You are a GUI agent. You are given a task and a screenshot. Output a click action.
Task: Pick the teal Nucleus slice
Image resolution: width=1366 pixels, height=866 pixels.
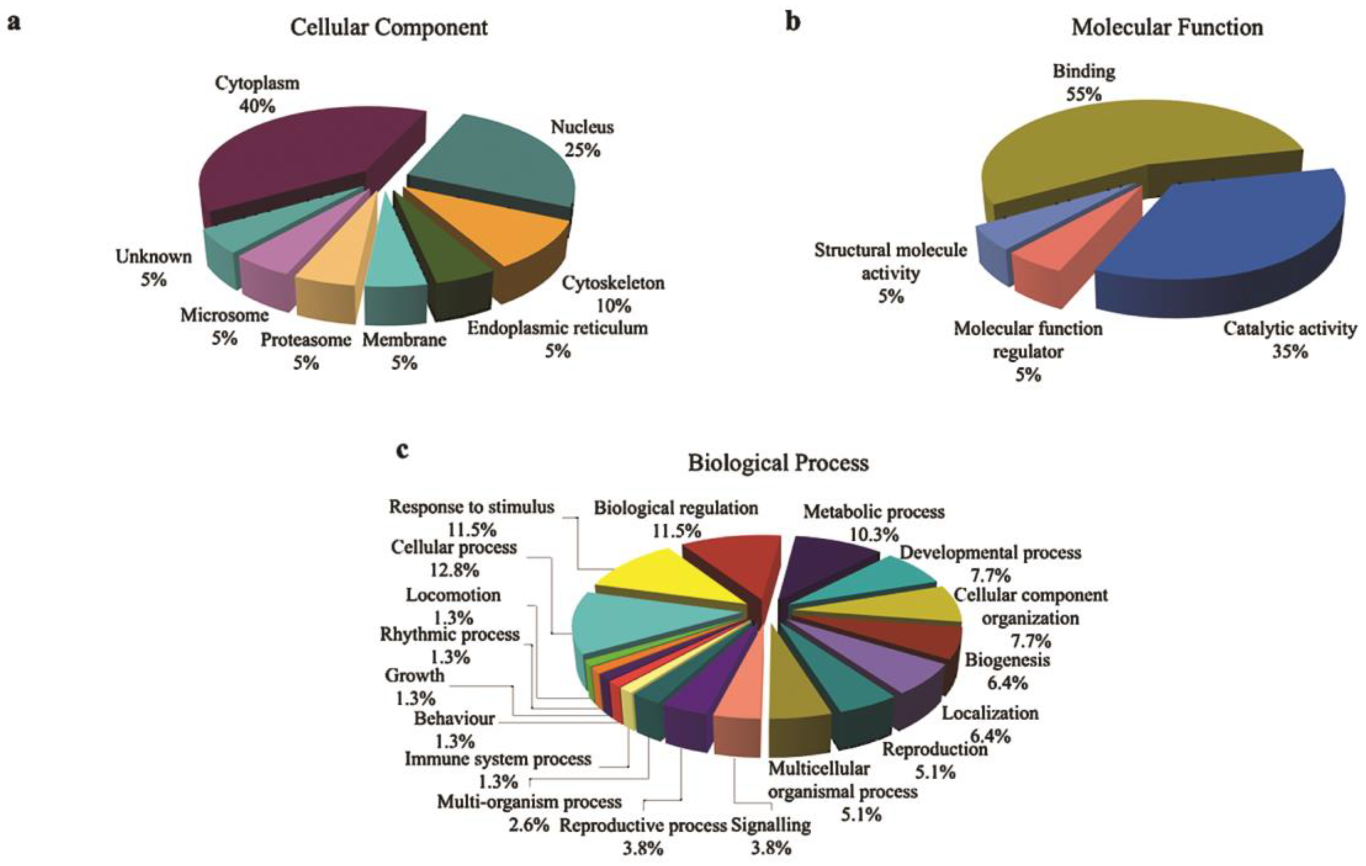pyautogui.click(x=499, y=165)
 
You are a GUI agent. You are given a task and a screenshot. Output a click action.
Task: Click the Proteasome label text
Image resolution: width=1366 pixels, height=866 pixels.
pyautogui.click(x=306, y=340)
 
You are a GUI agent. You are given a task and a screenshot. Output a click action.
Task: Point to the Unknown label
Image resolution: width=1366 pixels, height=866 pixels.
pyautogui.click(x=154, y=257)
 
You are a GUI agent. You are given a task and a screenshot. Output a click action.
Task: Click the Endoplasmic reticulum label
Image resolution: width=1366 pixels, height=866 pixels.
pyautogui.click(x=557, y=328)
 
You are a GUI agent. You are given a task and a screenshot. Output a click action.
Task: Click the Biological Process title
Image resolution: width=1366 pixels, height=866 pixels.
pyautogui.click(x=778, y=463)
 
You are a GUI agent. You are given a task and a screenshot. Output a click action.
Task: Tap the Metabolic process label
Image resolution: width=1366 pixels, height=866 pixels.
pyautogui.click(x=873, y=512)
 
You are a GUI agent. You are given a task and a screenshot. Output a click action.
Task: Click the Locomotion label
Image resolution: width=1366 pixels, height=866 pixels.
pyautogui.click(x=453, y=595)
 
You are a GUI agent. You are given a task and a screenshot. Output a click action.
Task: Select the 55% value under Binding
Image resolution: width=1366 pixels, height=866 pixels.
pyautogui.click(x=1083, y=94)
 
